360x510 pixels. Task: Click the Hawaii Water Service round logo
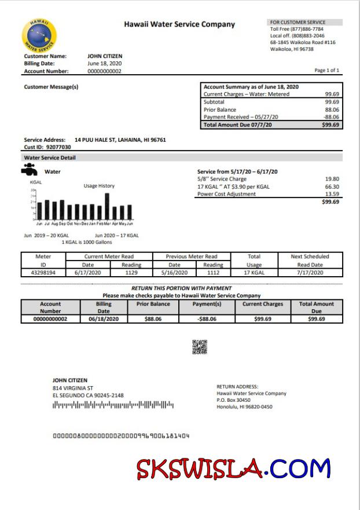(x=39, y=35)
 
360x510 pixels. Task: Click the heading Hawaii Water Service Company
(x=179, y=24)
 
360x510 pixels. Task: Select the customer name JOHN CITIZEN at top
(x=105, y=56)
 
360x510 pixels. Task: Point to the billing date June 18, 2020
(x=104, y=64)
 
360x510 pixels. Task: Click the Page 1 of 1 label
(x=326, y=70)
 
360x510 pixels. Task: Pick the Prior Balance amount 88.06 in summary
(x=332, y=109)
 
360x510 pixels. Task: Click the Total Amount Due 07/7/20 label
(x=237, y=124)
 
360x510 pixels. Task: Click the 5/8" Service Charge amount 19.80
(x=332, y=179)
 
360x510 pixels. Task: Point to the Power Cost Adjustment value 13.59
(x=332, y=195)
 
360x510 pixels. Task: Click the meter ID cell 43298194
(x=43, y=272)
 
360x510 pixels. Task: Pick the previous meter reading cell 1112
(x=212, y=272)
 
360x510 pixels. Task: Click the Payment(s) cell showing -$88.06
(x=207, y=318)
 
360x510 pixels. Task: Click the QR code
(x=200, y=347)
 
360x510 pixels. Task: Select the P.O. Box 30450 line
(x=233, y=400)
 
